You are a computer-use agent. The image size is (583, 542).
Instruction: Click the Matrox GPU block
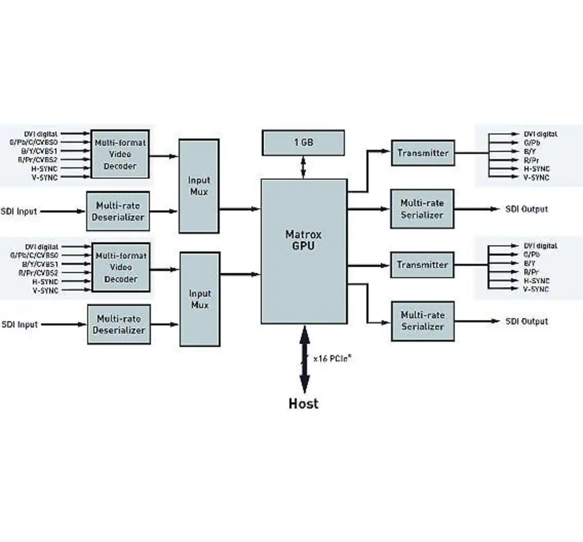[x=303, y=251]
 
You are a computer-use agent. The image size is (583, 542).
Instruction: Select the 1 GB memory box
[x=303, y=143]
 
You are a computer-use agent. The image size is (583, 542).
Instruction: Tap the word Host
[x=303, y=404]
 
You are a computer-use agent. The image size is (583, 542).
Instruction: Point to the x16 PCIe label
[x=332, y=358]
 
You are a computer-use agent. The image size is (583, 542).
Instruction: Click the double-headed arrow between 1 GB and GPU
[x=303, y=167]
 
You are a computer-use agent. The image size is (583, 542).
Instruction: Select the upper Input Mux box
[x=199, y=186]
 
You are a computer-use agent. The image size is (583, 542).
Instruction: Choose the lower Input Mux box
[x=199, y=299]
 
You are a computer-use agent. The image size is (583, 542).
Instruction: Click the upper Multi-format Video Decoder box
[x=120, y=154]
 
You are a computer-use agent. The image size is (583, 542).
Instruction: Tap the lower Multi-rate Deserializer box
[x=119, y=324]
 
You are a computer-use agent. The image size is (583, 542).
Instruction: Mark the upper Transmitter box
[x=423, y=153]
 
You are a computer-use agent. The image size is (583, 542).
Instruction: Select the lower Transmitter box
[x=422, y=265]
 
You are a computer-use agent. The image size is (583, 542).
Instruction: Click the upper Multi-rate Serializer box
[x=422, y=209]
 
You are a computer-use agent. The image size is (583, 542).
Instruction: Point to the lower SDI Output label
[x=527, y=322]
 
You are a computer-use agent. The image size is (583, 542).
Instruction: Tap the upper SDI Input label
[x=19, y=211]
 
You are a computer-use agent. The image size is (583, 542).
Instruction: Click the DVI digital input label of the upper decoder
[x=41, y=134]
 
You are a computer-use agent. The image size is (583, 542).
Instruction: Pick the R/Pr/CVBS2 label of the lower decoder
[x=38, y=273]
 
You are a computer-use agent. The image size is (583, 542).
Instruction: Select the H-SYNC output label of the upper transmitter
[x=537, y=169]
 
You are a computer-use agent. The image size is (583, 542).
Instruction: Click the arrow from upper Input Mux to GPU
[x=240, y=209]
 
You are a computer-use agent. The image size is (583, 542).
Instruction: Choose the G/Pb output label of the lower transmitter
[x=532, y=255]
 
